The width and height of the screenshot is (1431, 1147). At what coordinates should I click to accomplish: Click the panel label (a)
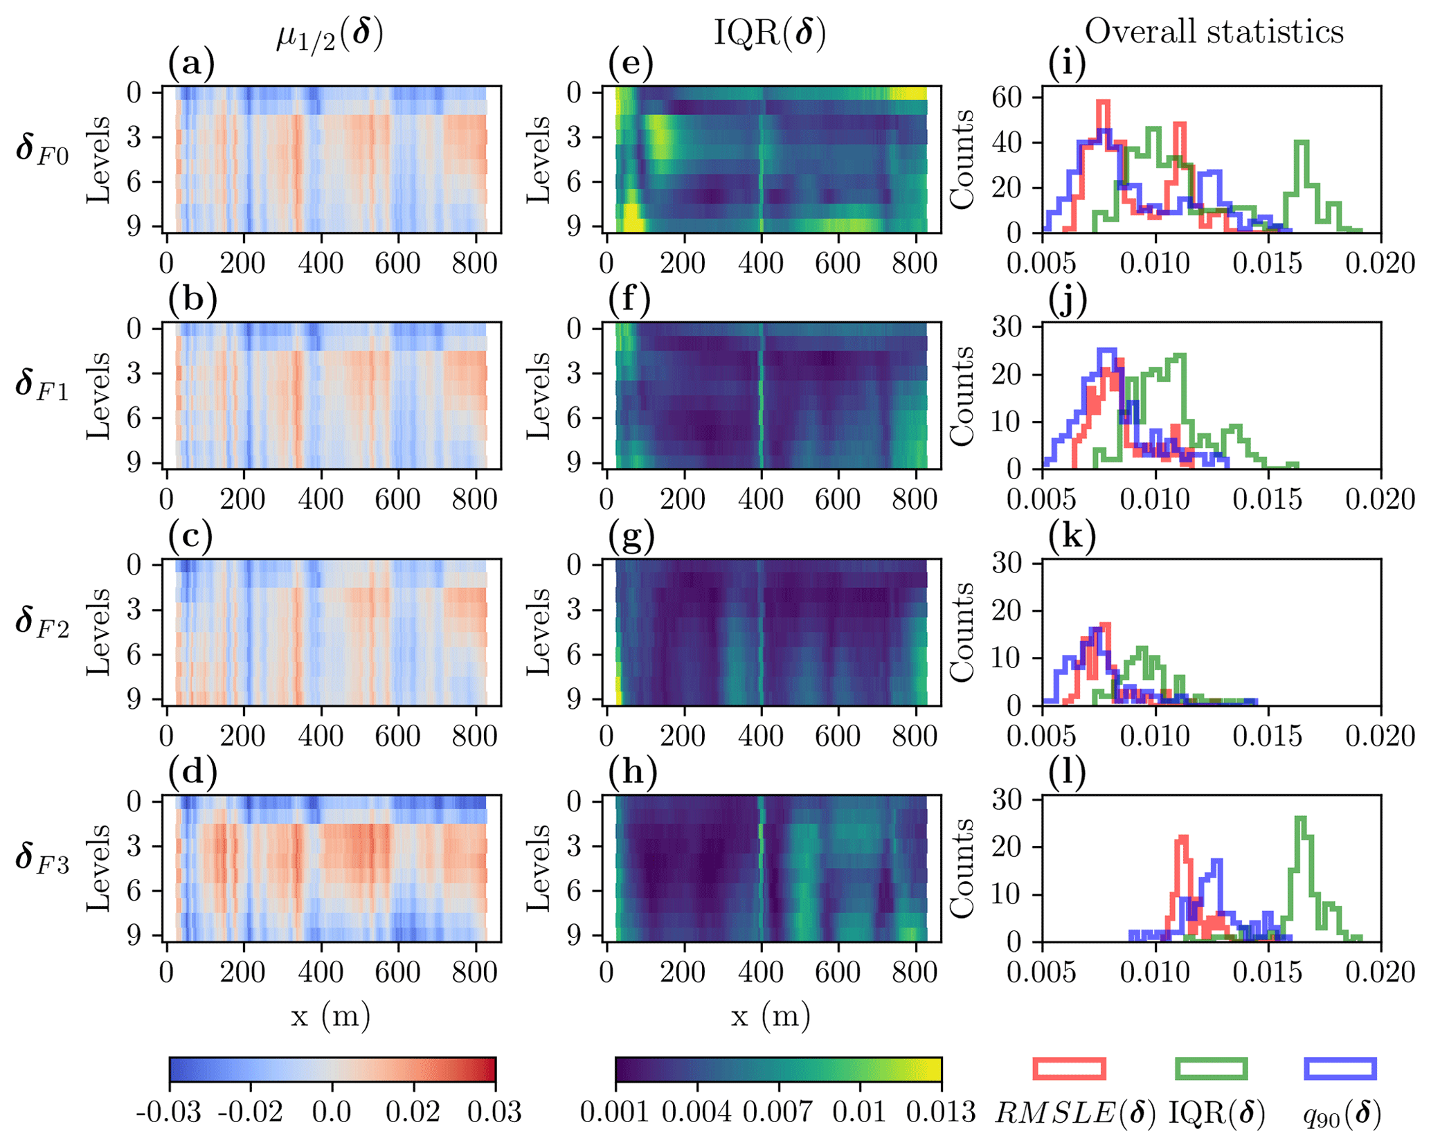[191, 64]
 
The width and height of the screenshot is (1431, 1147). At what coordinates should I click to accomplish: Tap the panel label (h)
[631, 773]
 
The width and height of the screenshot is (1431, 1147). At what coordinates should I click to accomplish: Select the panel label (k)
[1072, 536]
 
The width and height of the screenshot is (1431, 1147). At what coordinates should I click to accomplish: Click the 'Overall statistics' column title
[1214, 32]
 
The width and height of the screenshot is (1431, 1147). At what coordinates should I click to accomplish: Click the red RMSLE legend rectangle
[1069, 1068]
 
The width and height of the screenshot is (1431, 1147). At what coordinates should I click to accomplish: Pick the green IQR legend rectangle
[1212, 1068]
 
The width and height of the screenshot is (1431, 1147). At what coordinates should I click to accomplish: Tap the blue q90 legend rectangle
[1340, 1068]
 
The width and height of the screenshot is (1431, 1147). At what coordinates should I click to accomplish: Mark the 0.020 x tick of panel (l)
[1380, 973]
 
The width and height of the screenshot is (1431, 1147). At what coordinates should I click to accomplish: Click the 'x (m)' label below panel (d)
[331, 1015]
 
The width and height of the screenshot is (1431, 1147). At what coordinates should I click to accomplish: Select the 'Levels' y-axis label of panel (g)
[539, 632]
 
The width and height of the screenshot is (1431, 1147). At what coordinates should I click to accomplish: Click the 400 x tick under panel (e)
[761, 264]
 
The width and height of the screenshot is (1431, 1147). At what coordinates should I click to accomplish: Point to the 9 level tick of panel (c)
[135, 700]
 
